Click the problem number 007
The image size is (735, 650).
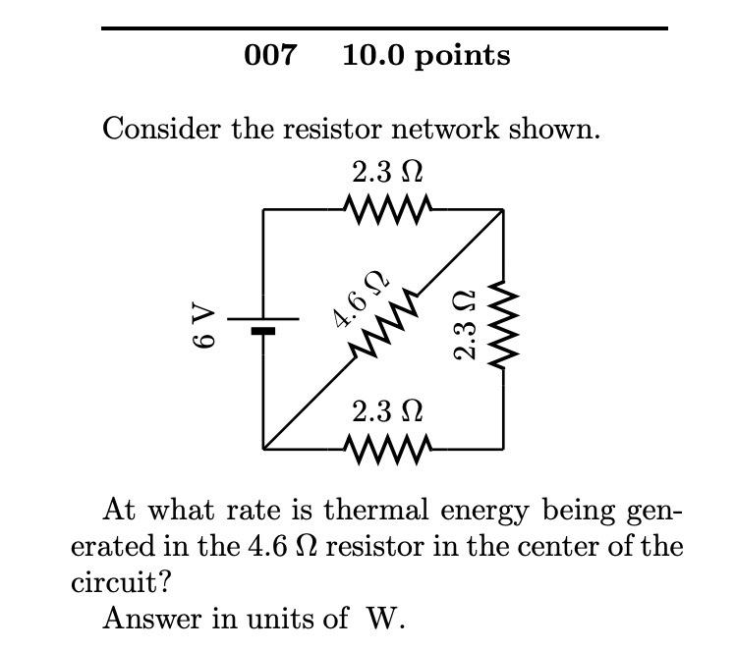point(269,55)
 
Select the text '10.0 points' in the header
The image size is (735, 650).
point(425,56)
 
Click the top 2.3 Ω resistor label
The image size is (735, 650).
point(388,172)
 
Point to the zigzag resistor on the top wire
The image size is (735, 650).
point(388,208)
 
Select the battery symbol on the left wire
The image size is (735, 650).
point(263,324)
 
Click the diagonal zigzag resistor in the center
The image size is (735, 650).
point(384,327)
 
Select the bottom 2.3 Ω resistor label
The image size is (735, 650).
point(388,410)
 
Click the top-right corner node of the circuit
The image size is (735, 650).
point(503,209)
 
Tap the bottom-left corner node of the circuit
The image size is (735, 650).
point(263,449)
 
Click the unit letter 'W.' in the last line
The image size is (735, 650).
point(386,619)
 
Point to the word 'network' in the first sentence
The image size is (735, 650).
point(452,129)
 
